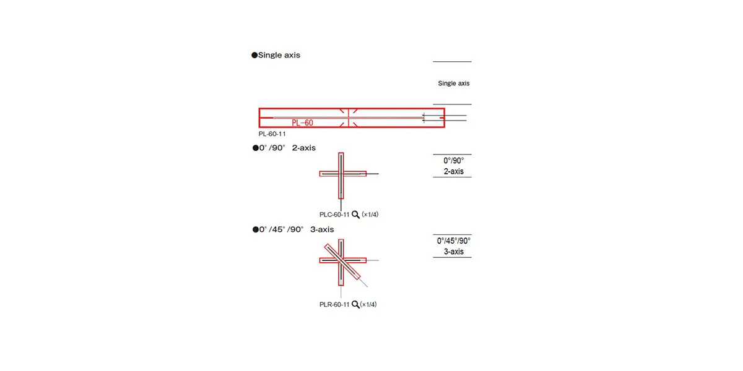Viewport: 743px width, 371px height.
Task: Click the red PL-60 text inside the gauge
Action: [302, 123]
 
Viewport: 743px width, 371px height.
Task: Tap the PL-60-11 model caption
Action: [272, 134]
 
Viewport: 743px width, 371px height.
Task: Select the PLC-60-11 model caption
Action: [334, 215]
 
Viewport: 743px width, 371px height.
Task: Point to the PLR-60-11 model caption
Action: [334, 304]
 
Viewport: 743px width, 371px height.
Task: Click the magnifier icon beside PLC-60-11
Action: [355, 215]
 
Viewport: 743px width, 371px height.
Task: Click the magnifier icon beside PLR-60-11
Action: [355, 304]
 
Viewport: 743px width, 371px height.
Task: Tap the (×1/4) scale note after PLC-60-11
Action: [370, 215]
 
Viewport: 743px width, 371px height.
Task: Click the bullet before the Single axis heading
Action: [254, 55]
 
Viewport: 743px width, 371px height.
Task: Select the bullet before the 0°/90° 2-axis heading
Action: [254, 148]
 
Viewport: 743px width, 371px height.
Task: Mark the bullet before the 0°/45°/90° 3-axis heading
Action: [254, 229]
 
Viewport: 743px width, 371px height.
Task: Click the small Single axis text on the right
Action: [454, 83]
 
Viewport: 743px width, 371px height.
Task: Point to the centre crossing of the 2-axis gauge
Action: [341, 174]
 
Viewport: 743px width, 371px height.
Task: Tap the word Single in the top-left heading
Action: [270, 55]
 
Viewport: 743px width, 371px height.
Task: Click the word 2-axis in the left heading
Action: [304, 148]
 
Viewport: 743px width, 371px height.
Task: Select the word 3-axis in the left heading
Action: [322, 229]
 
